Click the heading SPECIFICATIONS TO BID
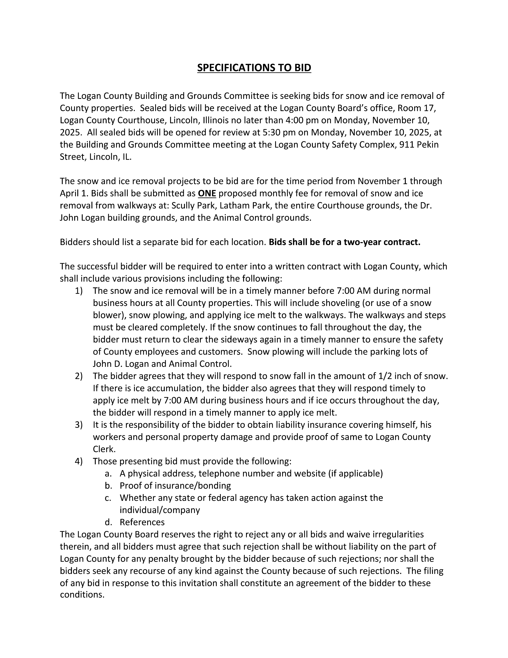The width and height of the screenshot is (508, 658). [254, 68]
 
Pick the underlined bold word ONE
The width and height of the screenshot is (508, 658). [207, 193]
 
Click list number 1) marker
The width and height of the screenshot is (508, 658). [79, 291]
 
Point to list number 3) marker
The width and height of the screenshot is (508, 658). [79, 425]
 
